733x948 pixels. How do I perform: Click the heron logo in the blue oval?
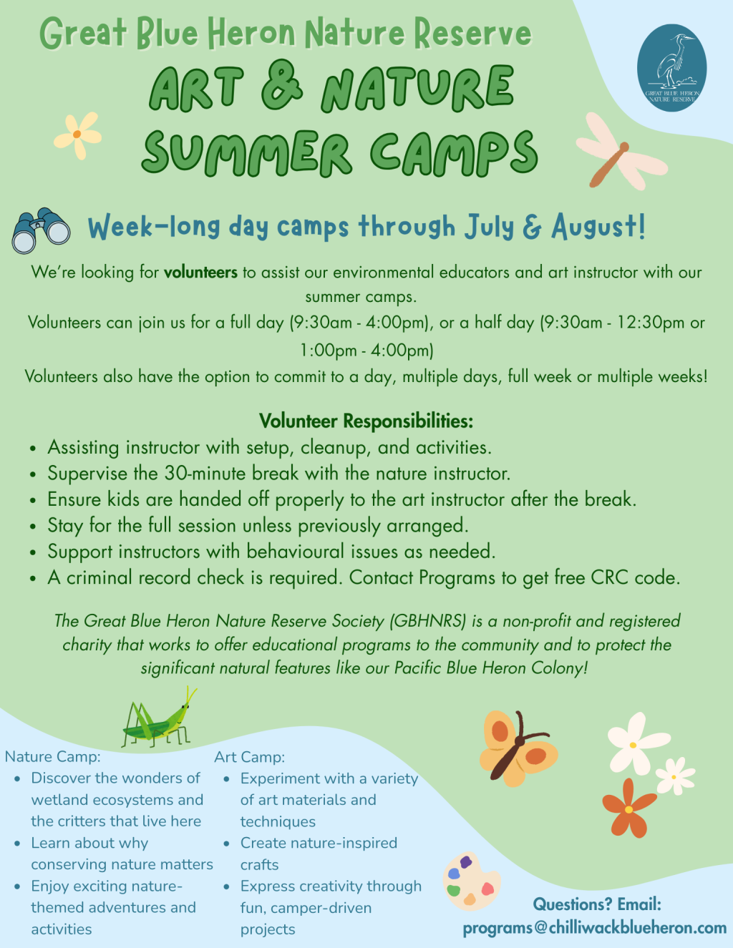[x=671, y=68]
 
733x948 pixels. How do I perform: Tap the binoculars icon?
[x=41, y=230]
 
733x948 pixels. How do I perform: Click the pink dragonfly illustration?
[x=621, y=151]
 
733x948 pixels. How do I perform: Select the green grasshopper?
[x=159, y=717]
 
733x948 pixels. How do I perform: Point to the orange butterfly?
[x=518, y=748]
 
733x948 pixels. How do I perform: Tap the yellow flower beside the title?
[x=77, y=135]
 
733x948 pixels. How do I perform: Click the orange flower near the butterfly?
[x=628, y=808]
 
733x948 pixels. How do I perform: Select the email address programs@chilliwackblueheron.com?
[x=595, y=927]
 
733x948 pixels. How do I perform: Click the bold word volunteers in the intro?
[x=200, y=273]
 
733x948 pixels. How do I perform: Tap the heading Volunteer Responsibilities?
[x=366, y=421]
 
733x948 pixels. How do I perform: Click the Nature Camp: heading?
[x=53, y=756]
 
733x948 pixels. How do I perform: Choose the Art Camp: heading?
[x=250, y=757]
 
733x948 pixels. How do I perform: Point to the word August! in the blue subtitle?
[x=598, y=228]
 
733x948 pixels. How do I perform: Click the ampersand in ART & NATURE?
[x=281, y=86]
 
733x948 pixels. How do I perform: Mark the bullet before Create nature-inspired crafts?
[x=226, y=844]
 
